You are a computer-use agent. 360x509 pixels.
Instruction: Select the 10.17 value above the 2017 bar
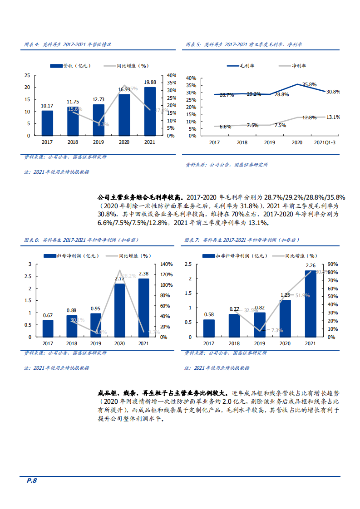47,106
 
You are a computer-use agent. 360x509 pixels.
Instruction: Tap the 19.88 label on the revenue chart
150,82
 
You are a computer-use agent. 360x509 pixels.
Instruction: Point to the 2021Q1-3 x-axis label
325,142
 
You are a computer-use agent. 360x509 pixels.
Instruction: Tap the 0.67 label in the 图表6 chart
48,315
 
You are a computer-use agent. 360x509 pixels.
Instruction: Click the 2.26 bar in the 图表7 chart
311,303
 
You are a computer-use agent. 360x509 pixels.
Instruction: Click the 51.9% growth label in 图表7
302,295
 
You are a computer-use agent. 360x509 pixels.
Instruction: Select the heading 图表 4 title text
68,45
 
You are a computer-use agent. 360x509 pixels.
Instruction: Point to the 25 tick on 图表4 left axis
27,75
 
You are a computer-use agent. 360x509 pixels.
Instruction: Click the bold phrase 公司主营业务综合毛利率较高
140,198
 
